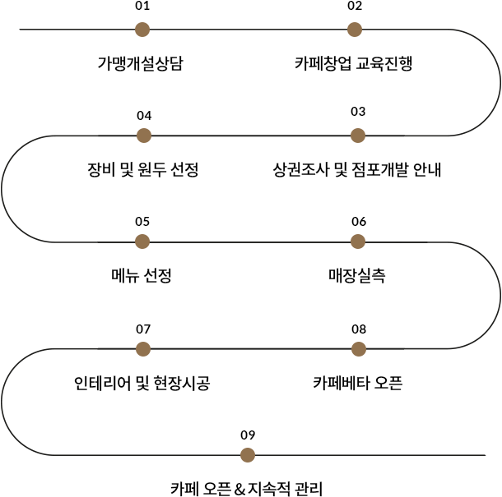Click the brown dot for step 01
(142, 30)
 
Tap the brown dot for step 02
(355, 30)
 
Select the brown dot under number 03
(358, 136)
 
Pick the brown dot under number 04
(144, 136)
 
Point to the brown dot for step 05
(142, 242)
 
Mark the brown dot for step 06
(358, 242)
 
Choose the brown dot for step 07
(143, 348)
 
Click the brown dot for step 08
(359, 348)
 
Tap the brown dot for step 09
(248, 455)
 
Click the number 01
(142, 6)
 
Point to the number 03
(358, 112)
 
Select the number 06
(359, 222)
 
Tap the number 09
(248, 435)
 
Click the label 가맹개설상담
(140, 63)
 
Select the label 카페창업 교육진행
(353, 63)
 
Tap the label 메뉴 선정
(142, 275)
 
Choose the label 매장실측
(357, 275)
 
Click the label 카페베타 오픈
(358, 383)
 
